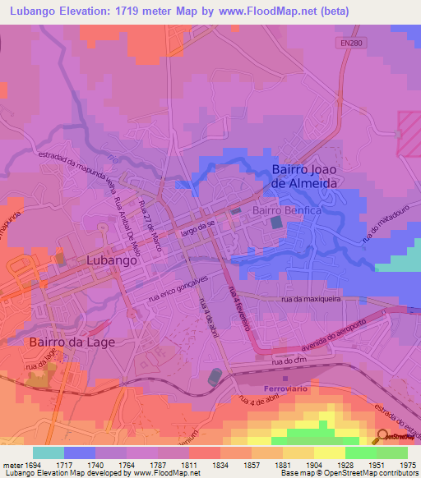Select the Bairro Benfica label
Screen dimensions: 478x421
[285, 210]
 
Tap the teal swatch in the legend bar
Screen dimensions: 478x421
[49, 453]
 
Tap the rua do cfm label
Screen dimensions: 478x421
[288, 361]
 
